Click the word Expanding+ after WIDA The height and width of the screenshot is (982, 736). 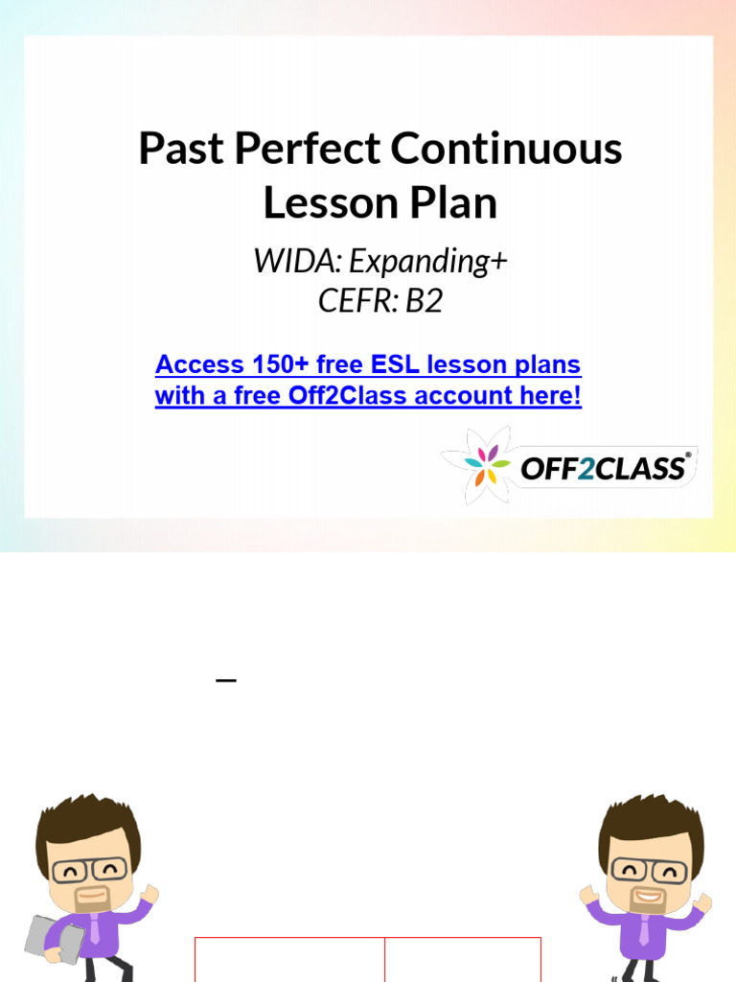pyautogui.click(x=427, y=261)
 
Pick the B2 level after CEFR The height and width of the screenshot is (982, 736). pyautogui.click(x=424, y=301)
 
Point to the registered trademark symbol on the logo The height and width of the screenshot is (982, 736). pyautogui.click(x=688, y=456)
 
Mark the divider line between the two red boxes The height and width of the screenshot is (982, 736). pyautogui.click(x=385, y=959)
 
